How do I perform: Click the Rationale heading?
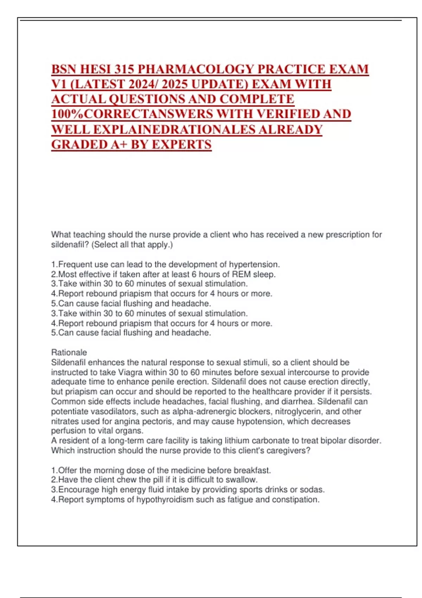pyautogui.click(x=69, y=352)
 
